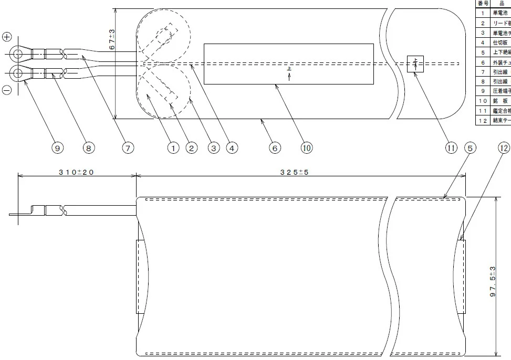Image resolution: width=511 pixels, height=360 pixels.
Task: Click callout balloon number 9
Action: click(x=58, y=149)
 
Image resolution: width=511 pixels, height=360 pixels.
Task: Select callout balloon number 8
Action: click(x=88, y=149)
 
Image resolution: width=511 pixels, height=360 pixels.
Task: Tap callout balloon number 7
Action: click(x=127, y=149)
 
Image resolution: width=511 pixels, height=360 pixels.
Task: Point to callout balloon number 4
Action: click(x=232, y=149)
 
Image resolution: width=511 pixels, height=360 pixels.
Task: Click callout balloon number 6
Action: click(x=275, y=149)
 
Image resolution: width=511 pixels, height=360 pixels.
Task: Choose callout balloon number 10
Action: click(x=307, y=149)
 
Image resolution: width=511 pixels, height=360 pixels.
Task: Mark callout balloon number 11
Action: click(x=451, y=149)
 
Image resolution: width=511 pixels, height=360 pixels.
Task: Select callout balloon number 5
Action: click(x=471, y=149)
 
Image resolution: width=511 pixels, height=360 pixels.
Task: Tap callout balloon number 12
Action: click(x=503, y=149)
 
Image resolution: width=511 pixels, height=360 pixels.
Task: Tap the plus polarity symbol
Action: click(x=7, y=37)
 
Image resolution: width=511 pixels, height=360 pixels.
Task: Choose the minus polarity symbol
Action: click(x=7, y=90)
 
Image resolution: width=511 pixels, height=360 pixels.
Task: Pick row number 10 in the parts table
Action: click(x=483, y=101)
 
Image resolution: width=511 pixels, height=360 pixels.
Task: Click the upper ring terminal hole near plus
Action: click(x=17, y=53)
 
